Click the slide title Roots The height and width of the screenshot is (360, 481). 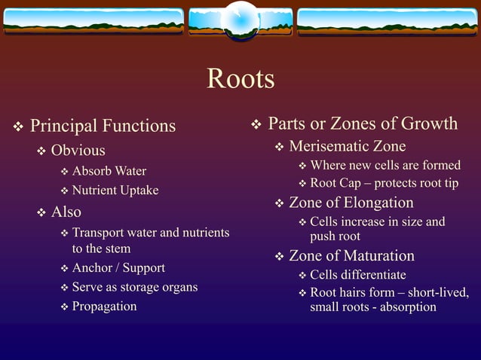click(240, 79)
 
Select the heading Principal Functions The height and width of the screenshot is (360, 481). click(103, 125)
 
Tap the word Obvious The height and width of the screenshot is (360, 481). click(78, 151)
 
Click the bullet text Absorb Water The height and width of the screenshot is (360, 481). click(109, 171)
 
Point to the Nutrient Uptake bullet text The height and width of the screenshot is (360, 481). click(115, 191)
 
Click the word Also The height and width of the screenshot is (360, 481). click(66, 212)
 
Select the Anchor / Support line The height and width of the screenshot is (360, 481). click(118, 268)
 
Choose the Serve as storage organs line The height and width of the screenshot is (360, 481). click(135, 287)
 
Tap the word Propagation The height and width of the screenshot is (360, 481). click(104, 307)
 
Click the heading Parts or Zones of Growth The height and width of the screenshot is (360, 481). click(363, 124)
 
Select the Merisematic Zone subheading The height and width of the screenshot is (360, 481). click(348, 146)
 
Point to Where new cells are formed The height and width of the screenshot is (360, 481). click(385, 166)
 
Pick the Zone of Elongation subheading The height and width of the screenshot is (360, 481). click(351, 203)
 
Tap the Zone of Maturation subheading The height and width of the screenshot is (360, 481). click(351, 256)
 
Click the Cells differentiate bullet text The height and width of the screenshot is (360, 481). click(358, 275)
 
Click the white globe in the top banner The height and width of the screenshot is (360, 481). click(240, 17)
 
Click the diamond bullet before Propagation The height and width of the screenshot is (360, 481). click(64, 307)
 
